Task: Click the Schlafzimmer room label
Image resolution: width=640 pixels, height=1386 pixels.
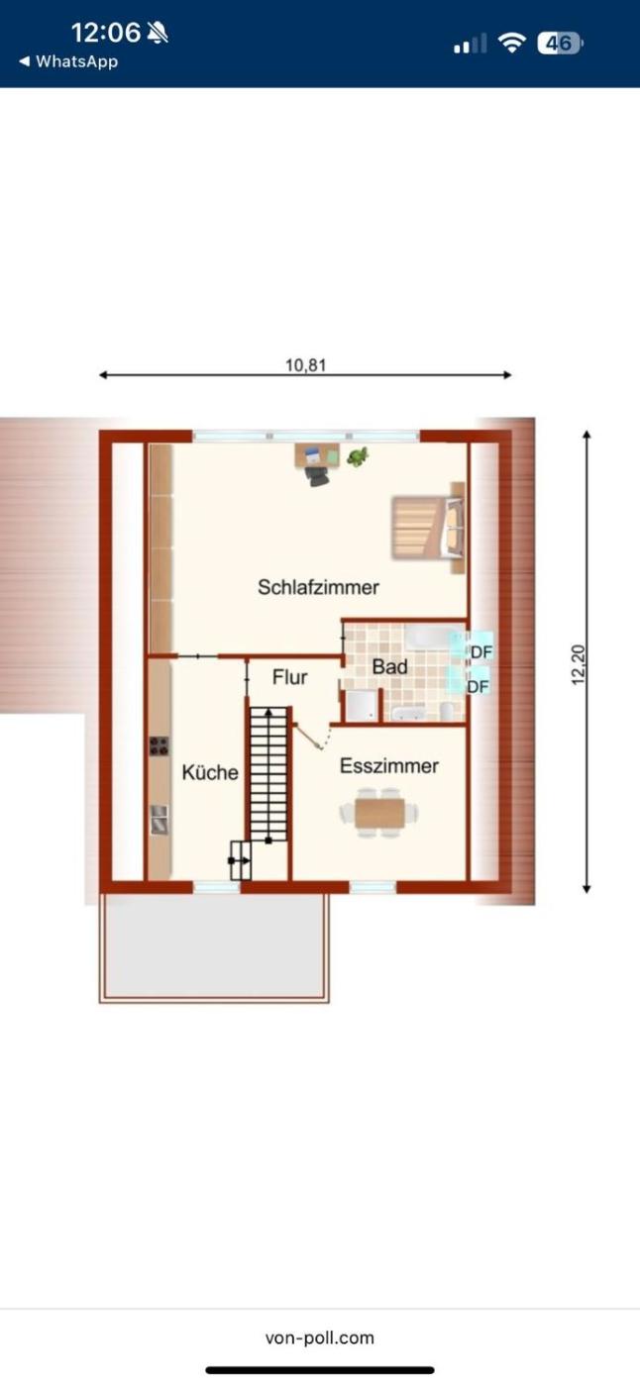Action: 318,587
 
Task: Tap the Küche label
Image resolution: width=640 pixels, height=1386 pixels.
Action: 210,772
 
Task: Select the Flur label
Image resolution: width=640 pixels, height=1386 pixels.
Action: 289,677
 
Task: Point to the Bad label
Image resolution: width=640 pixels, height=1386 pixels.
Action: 389,667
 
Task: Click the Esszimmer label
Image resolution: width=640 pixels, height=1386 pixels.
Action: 389,766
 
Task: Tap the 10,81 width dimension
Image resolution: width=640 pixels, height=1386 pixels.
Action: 305,365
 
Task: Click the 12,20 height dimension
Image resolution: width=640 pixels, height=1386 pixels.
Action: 579,664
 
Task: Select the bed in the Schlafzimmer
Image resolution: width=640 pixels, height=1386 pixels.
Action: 428,528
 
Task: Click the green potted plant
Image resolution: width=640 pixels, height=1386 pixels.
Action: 357,456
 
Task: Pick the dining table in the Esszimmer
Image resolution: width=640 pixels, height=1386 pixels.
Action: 379,813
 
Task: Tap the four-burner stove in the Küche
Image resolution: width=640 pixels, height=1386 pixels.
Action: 160,746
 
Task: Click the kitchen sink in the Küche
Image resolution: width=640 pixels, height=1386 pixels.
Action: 160,820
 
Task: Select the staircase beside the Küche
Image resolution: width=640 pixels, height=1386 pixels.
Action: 268,774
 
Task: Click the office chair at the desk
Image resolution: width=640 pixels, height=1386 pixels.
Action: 317,476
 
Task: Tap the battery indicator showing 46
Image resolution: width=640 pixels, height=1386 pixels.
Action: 560,44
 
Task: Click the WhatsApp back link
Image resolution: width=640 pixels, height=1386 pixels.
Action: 68,61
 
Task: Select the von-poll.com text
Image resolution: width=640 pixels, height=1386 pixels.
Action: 320,1337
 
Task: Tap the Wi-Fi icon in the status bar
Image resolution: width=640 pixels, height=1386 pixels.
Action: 512,43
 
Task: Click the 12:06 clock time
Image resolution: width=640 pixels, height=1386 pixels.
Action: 106,32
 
